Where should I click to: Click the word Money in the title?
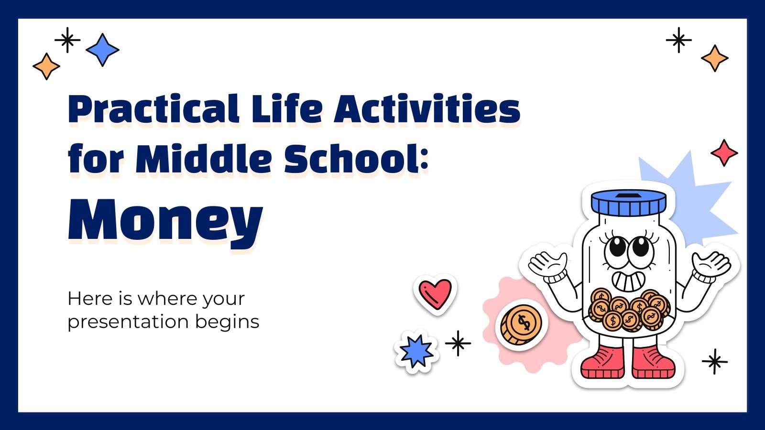point(165,220)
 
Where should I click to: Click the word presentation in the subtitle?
point(127,322)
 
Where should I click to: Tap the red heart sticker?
point(435,293)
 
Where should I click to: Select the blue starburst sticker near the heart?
point(416,351)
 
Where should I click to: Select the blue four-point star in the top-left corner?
point(102,50)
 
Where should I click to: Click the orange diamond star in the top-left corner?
point(46,66)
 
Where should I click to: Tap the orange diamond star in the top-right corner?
point(715,58)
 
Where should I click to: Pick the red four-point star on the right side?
point(724,153)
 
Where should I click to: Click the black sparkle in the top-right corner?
point(679,40)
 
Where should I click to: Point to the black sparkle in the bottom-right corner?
point(715,361)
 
